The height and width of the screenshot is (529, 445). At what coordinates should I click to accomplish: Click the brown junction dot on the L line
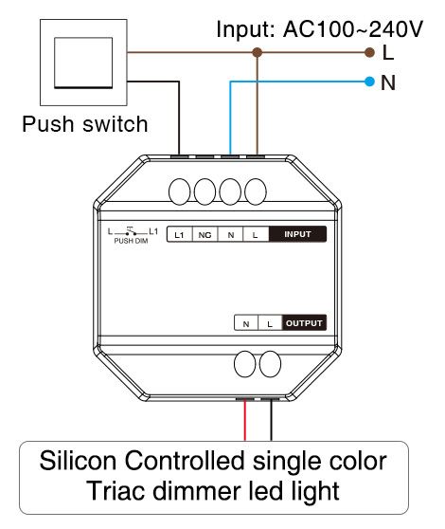[x=257, y=52]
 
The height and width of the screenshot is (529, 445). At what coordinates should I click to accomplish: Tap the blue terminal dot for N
[x=369, y=82]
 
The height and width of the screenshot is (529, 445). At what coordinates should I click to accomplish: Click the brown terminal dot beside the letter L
[x=369, y=52]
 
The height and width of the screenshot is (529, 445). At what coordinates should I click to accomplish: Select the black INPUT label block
[x=297, y=234]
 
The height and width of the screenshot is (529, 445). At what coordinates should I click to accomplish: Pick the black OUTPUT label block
[x=304, y=323]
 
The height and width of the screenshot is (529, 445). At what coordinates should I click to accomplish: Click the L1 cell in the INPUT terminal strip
[x=180, y=234]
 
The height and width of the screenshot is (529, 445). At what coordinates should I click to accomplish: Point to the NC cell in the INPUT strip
[x=205, y=234]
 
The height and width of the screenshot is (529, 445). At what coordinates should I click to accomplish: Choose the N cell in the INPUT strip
[x=230, y=234]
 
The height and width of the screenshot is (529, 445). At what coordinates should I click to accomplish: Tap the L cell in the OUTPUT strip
[x=270, y=323]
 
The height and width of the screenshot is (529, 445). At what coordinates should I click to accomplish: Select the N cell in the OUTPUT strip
[x=246, y=323]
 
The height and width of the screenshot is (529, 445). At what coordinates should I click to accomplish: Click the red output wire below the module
[x=245, y=420]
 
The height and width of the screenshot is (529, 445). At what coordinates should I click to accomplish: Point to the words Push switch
[x=85, y=124]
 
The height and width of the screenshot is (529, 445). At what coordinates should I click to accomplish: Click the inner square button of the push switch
[x=83, y=63]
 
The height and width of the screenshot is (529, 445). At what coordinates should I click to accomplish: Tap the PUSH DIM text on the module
[x=131, y=241]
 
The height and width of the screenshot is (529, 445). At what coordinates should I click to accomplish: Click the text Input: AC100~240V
[x=319, y=29]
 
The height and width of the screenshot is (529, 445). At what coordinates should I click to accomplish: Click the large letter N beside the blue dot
[x=388, y=82]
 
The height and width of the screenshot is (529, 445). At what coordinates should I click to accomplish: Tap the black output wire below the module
[x=271, y=420]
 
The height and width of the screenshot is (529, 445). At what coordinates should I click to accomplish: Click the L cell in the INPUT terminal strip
[x=256, y=234]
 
